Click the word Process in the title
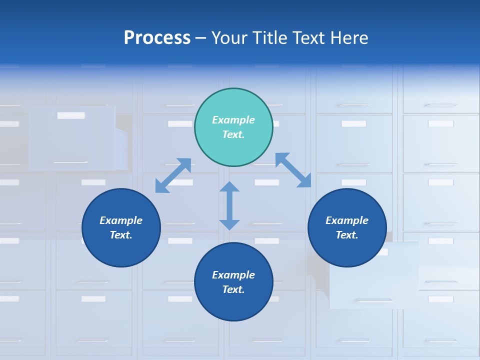(157, 38)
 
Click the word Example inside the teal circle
(233, 120)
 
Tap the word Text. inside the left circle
(121, 235)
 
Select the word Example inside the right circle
(347, 220)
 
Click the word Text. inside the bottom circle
(233, 289)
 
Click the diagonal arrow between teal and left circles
(173, 175)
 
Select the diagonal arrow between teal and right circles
(293, 170)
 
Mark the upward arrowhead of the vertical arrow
(229, 187)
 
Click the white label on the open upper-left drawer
(71, 115)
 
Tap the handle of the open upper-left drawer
(70, 162)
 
